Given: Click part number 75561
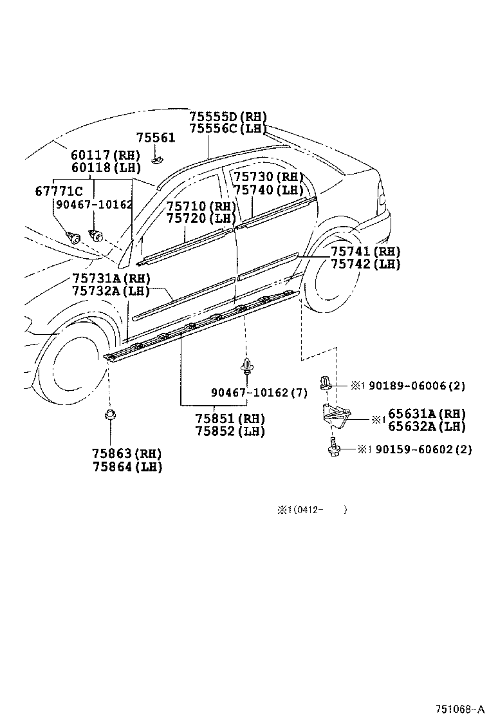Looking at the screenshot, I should click(155, 138).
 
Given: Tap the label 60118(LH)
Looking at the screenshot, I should click(105, 167).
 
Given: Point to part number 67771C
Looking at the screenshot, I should click(59, 191).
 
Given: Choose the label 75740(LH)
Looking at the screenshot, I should click(268, 190).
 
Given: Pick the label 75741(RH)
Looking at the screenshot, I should click(365, 252).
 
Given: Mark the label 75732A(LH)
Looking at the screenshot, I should click(111, 291).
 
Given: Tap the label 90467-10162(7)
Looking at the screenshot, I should click(259, 393).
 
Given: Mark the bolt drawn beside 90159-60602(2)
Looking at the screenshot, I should click(333, 448).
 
